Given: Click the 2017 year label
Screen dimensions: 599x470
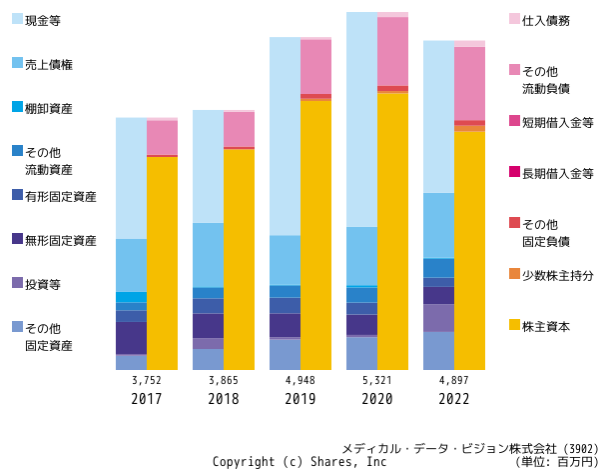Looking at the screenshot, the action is (147, 399).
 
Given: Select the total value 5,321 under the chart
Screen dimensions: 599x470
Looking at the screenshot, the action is (377, 380).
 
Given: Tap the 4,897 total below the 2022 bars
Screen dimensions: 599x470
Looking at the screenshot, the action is (454, 380).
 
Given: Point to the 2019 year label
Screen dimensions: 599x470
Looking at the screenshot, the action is (300, 399).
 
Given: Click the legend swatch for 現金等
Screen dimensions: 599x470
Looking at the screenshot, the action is (18, 19).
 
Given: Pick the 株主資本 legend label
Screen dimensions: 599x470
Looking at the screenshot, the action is (546, 326).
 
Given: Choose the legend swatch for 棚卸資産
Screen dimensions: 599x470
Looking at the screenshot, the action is (18, 107).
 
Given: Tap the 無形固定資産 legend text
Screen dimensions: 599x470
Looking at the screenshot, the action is (61, 241).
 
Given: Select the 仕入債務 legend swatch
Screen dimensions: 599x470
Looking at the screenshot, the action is (514, 19).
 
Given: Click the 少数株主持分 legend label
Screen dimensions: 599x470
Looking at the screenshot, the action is (558, 276).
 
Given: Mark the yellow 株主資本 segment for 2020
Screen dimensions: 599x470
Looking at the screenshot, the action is (392, 232).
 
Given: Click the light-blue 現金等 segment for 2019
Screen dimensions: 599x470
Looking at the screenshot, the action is (285, 136).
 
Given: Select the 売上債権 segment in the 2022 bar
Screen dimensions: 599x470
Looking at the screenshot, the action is (438, 226).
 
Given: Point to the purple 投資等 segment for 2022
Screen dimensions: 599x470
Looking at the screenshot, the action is (438, 318).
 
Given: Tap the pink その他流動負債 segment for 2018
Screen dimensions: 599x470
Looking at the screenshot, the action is (239, 129).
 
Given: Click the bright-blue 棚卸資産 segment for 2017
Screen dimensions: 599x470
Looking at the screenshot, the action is (131, 297).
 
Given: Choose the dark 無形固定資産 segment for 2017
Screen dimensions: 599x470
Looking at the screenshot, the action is (131, 338).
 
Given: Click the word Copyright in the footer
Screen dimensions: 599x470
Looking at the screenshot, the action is (244, 462).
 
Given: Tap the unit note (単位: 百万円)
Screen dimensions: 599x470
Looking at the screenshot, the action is (557, 462).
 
